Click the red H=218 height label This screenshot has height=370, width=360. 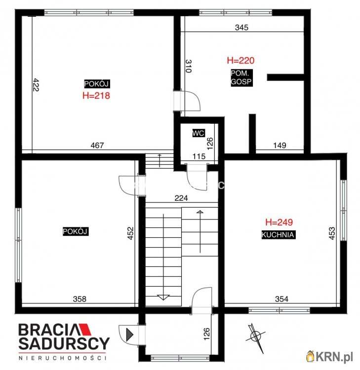coord(96,96)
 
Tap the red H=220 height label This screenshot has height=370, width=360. coord(240,61)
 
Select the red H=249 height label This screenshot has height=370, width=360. coord(279,222)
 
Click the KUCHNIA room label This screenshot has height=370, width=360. coord(279,235)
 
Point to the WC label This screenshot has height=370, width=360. coord(199,133)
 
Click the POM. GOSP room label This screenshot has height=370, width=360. coord(241,78)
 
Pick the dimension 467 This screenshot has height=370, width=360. coord(97,146)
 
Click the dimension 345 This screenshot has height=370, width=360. coord(241,28)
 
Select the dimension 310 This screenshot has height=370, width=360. coord(188,67)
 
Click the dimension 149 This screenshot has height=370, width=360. coord(280,146)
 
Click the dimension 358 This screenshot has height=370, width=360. coord(79,298)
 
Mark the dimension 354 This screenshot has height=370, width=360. coord(281,298)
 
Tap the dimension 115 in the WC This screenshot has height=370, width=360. coord(199,156)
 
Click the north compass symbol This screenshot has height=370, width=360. coord(255,336)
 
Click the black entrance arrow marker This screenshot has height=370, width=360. coord(129,334)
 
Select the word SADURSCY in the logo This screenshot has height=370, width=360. coord(64,343)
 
